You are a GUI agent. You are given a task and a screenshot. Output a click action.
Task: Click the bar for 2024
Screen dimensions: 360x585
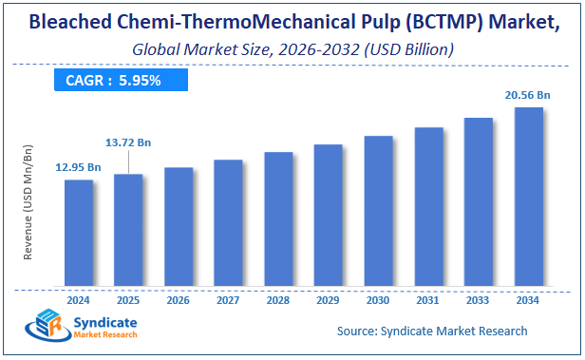point(79,233)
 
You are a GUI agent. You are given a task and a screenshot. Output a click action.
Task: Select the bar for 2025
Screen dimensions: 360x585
point(128,230)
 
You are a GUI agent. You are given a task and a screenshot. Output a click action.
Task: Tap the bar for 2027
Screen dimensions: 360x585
point(228,222)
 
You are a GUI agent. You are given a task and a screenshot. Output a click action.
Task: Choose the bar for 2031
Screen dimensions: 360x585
point(428,206)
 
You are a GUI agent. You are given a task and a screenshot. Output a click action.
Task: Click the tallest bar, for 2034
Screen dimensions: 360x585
point(528,197)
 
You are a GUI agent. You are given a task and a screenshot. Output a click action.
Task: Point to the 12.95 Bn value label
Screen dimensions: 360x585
point(79,167)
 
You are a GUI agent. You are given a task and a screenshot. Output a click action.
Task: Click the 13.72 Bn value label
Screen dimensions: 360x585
point(130,142)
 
